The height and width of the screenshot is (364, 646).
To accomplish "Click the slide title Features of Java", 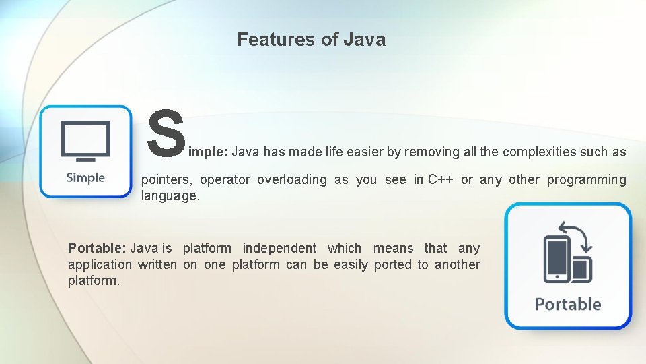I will pos(311,40).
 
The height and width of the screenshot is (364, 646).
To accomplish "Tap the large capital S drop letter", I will pos(166,133).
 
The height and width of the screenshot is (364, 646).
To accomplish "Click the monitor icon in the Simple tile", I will pos(85,140).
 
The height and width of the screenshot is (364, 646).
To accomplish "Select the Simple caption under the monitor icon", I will pos(85,178).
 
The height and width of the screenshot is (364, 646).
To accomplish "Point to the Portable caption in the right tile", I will pos(568,304).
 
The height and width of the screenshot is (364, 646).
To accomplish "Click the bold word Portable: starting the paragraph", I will pos(98,249).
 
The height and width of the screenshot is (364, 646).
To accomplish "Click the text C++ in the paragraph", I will pos(441,180).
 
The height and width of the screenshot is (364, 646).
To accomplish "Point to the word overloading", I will pos(292,180).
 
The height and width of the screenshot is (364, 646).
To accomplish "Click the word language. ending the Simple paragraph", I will pos(171,196).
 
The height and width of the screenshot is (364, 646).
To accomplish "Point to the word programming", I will pos(586,180).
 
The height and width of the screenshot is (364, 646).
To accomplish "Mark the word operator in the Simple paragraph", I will pos(225,180).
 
